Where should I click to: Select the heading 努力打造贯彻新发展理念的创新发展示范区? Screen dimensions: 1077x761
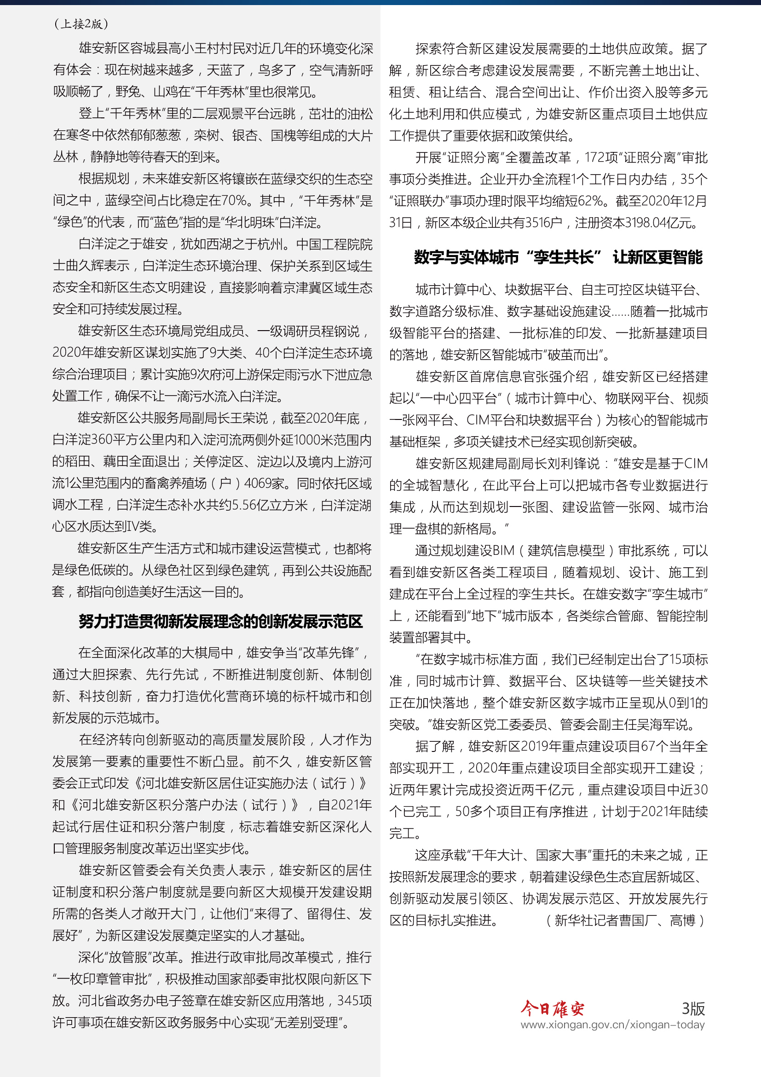(221, 622)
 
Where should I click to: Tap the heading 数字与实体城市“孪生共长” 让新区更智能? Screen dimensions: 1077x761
(558, 257)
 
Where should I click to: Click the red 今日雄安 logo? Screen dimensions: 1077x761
(552, 1008)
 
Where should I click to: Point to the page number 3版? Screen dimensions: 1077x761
(693, 1008)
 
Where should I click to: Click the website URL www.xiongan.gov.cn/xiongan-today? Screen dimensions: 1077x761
(612, 1025)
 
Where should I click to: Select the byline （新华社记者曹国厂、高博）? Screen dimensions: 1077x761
(626, 920)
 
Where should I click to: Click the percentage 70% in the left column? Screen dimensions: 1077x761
(233, 201)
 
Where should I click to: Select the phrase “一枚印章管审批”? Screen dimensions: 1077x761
(102, 979)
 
